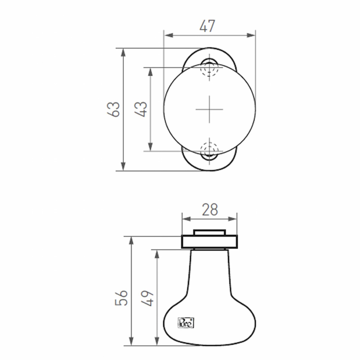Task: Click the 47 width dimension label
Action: tap(207, 27)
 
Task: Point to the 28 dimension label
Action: tap(209, 210)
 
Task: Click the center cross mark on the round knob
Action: tap(209, 109)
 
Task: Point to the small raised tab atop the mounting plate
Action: tap(209, 232)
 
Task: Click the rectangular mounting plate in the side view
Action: tap(209, 242)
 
